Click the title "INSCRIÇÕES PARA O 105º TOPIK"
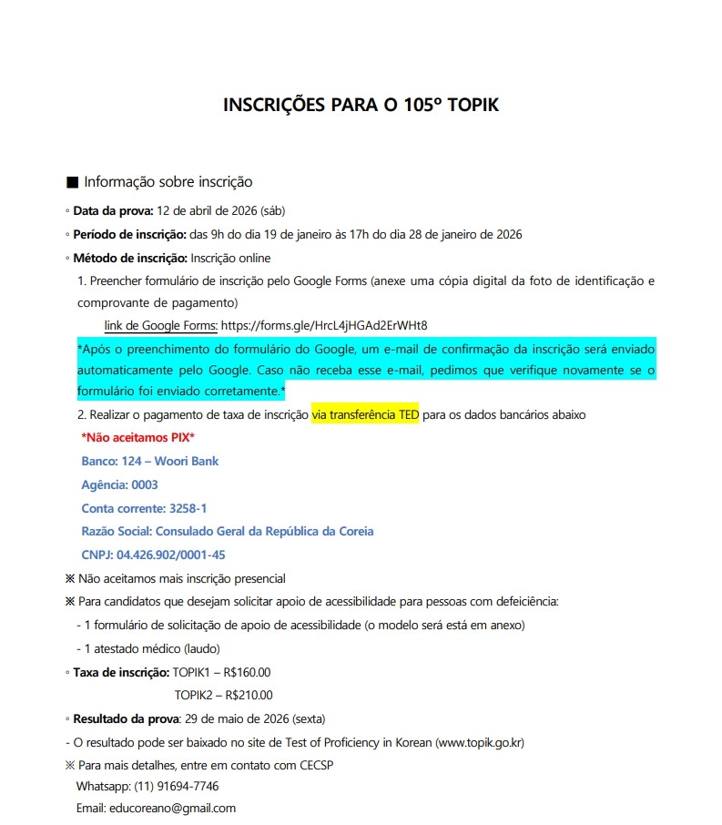(361, 106)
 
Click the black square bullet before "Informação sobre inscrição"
(73, 182)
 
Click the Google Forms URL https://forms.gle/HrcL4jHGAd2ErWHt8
(324, 325)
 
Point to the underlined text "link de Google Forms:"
(161, 325)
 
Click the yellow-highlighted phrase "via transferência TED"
(365, 414)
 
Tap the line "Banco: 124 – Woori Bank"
(150, 461)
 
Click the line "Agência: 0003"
(119, 484)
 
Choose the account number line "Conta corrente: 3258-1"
(144, 508)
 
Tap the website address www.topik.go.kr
(481, 742)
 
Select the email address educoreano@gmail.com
(172, 808)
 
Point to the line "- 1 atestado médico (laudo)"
(148, 648)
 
